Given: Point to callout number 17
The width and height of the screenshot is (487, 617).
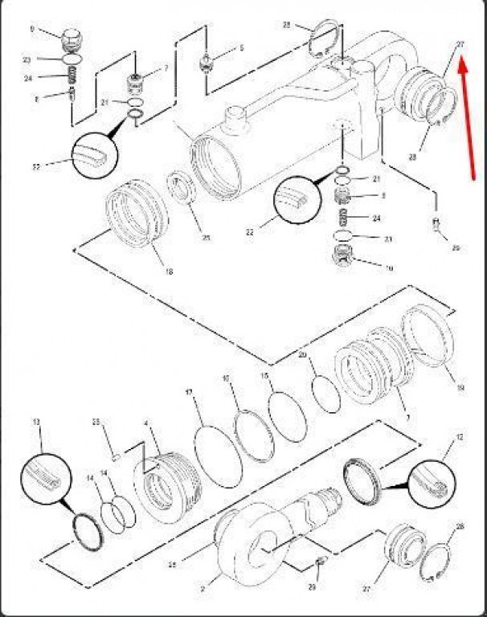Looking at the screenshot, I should coord(190,393).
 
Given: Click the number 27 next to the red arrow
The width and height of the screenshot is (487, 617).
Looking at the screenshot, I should coord(460,44).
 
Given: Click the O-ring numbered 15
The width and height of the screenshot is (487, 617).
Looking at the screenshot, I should coord(287,415).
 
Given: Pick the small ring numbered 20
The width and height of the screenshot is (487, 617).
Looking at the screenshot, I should coord(326,394).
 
